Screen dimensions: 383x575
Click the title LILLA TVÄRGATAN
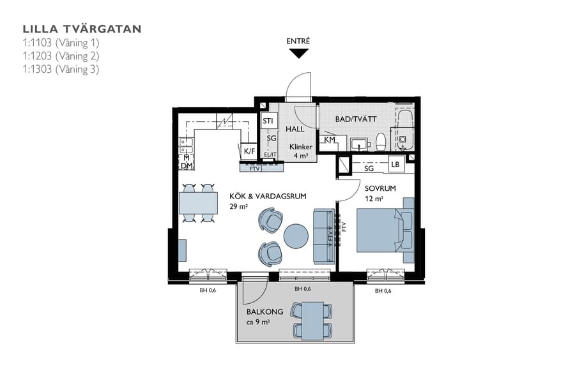82,29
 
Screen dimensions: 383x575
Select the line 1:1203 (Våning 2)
61,56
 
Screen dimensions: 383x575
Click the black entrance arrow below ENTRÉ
298,54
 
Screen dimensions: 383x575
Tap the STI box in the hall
268,120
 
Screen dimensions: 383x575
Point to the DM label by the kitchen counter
187,165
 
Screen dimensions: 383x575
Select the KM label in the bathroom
330,140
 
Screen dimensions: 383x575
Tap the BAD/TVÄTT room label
356,119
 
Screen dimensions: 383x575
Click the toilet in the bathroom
381,141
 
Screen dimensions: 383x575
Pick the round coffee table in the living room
296,236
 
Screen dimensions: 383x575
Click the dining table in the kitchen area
198,203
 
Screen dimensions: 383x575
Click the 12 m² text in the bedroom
374,199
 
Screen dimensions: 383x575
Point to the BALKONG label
264,312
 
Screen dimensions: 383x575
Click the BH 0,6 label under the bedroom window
383,290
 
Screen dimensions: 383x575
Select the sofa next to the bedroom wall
323,236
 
